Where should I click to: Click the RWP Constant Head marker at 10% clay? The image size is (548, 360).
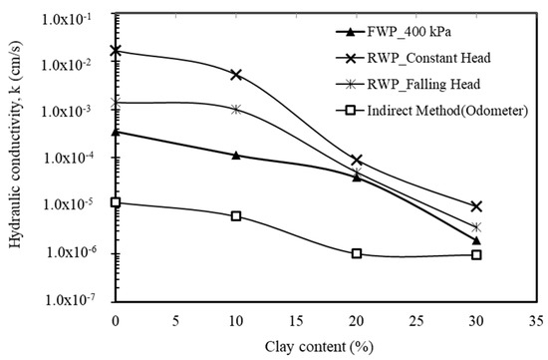point(236,75)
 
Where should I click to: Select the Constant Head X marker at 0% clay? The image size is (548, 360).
point(116,50)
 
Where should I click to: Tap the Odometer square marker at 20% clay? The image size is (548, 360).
point(357,253)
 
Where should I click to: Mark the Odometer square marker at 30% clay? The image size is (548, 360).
point(477,254)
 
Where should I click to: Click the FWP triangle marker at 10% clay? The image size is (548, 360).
point(236,155)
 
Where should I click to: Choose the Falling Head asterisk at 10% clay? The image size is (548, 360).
point(236,109)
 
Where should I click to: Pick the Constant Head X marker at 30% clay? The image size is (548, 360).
point(477,206)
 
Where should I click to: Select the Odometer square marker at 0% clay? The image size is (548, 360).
point(116,202)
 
